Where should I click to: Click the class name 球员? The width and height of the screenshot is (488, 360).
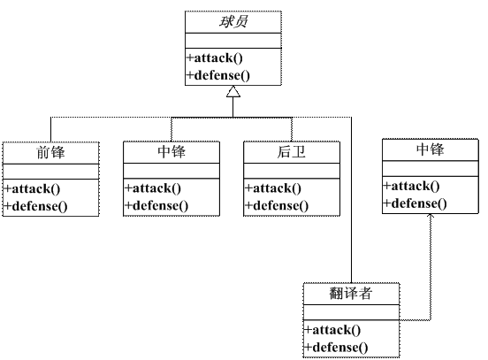click(233, 22)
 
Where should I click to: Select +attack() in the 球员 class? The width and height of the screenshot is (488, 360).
click(213, 58)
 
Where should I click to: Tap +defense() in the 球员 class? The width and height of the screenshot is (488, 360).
click(218, 75)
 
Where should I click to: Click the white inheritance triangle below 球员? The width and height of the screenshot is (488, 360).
click(233, 92)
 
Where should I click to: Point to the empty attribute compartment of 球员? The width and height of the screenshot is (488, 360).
click(233, 41)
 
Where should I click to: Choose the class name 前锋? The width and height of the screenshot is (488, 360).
click(51, 152)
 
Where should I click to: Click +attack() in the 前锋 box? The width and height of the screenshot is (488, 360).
click(33, 188)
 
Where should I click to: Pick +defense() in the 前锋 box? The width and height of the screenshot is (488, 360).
click(36, 205)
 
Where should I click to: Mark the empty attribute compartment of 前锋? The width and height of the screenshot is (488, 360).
click(51, 171)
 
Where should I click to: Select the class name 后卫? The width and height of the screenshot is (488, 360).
click(291, 152)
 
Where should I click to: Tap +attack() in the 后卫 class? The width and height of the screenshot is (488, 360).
click(273, 188)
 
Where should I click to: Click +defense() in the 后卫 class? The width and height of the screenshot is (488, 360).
click(277, 205)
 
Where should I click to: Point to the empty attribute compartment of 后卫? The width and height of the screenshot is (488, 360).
click(291, 171)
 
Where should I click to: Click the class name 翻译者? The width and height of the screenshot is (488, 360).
click(351, 294)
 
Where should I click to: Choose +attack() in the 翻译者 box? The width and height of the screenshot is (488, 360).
click(333, 330)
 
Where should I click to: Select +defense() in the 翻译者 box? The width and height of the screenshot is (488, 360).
click(337, 347)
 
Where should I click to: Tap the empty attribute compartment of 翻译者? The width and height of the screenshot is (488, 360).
click(351, 312)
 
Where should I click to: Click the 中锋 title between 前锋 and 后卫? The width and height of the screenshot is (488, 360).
click(171, 152)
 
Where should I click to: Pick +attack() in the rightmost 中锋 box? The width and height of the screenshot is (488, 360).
click(412, 186)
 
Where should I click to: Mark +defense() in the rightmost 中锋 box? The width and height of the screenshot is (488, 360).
click(416, 203)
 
